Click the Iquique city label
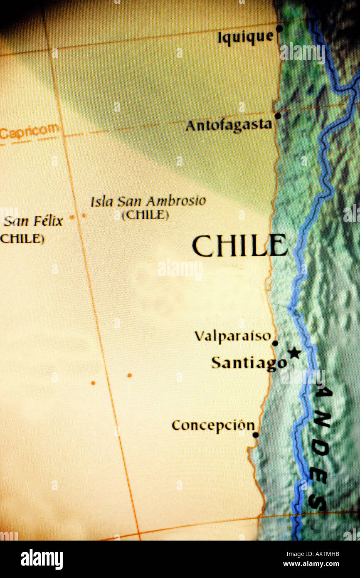point(246,37)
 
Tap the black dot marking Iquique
point(279,28)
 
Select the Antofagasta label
point(229,125)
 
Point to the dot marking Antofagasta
point(278,116)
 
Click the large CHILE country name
point(239,246)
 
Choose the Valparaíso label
point(232,336)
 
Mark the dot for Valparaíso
point(275,343)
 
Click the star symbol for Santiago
point(294,353)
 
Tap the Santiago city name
point(249,363)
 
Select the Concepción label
point(213,425)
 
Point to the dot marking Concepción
point(256,435)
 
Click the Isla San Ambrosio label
point(148,202)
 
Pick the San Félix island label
point(33,221)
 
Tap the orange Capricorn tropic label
point(29,132)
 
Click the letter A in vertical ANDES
point(320,391)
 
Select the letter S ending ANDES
point(318,504)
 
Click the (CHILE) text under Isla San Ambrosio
point(145,215)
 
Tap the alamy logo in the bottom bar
point(42,559)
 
